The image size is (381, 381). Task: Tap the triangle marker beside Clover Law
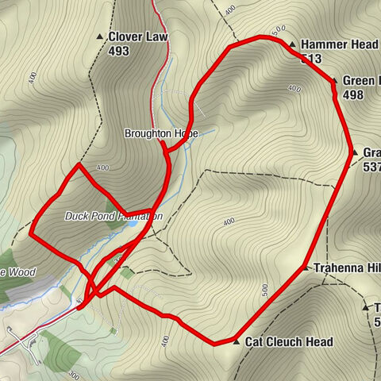click(x=100, y=37)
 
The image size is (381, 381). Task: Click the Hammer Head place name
click(x=334, y=44)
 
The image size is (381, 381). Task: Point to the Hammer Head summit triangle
click(x=292, y=44)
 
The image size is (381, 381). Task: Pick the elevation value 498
click(x=354, y=94)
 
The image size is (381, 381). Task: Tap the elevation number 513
click(x=311, y=58)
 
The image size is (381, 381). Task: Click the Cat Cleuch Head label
click(x=288, y=342)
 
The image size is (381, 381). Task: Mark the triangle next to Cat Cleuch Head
click(x=236, y=342)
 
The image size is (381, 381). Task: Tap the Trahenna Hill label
click(x=346, y=268)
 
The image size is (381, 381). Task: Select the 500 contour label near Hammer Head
click(x=278, y=32)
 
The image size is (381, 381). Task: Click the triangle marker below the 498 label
click(x=354, y=152)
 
